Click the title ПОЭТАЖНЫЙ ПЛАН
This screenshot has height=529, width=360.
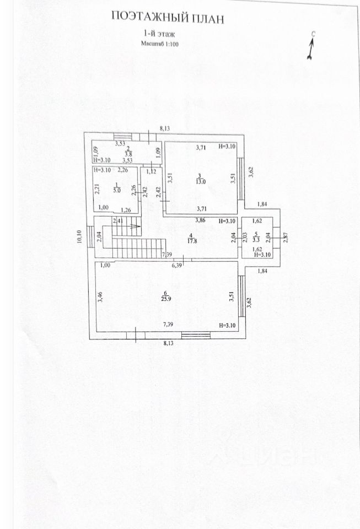168,17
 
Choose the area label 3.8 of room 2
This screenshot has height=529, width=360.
128,154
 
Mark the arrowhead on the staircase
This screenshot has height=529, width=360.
138,226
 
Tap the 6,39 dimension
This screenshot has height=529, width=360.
177,266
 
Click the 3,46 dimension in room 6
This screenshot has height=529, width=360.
100,297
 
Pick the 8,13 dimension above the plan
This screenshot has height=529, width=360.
164,128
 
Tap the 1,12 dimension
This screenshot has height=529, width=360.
151,171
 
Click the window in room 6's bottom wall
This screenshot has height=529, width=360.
196,334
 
